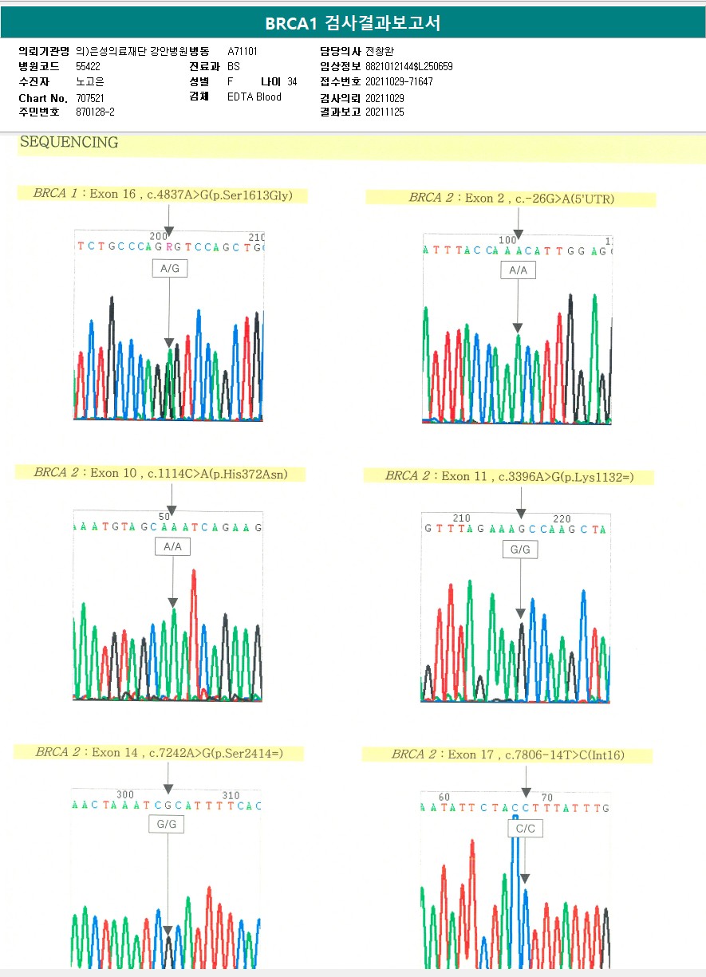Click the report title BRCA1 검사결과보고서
click(353, 23)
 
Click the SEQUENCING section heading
click(69, 143)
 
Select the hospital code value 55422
click(88, 66)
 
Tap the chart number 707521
click(90, 97)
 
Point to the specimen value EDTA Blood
click(254, 97)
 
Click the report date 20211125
click(385, 112)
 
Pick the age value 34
click(292, 82)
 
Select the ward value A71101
click(243, 51)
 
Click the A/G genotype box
click(170, 269)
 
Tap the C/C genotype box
click(525, 829)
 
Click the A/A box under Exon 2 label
click(518, 270)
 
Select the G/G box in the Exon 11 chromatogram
click(520, 550)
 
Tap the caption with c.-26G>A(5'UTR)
click(511, 199)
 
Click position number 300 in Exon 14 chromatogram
click(125, 795)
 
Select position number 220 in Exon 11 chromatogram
click(562, 518)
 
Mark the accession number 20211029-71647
click(399, 82)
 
